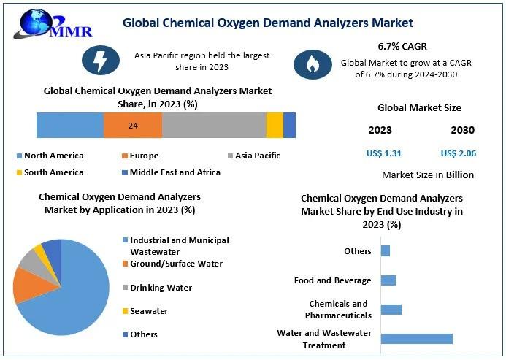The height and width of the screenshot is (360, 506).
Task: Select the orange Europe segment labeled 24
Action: pos(133,126)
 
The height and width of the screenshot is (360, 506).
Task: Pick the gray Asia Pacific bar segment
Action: pos(214,126)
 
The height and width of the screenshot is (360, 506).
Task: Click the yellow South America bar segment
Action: pos(275,126)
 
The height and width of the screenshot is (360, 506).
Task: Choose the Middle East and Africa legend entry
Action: pos(175,172)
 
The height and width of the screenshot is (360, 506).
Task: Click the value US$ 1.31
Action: pos(384,153)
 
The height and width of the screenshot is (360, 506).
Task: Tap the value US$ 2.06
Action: pos(459,153)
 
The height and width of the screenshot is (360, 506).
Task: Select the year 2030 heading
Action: pos(462,130)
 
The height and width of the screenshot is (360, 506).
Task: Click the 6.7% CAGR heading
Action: pos(402,45)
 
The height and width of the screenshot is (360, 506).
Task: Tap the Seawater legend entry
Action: pos(149,311)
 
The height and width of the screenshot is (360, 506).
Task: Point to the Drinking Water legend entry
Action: pos(161,288)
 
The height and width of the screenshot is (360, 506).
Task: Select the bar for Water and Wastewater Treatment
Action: pos(416,338)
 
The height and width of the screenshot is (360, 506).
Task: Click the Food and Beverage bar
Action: pos(388,280)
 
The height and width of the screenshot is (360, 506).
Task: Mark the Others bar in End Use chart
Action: pos(386,251)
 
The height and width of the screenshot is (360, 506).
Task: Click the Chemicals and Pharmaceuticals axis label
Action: pos(340,310)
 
